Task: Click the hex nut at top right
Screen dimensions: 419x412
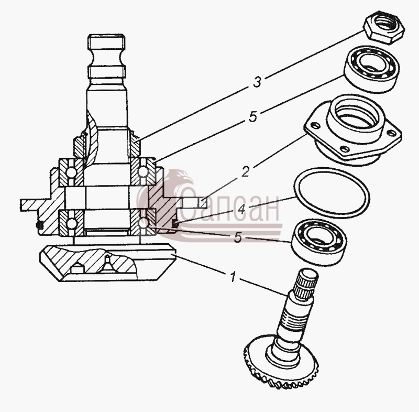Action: click(x=384, y=27)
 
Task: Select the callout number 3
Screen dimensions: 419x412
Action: click(x=257, y=82)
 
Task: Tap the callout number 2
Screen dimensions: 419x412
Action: click(x=245, y=171)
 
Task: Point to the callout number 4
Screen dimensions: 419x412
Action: click(x=241, y=209)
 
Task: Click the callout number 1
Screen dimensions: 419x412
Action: click(x=233, y=276)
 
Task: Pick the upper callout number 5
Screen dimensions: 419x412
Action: click(x=252, y=116)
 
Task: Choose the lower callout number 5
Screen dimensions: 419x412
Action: click(x=238, y=237)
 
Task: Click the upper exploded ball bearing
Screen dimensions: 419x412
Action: click(x=372, y=69)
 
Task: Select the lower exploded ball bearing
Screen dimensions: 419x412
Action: click(x=318, y=243)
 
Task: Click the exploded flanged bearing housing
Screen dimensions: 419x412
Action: click(x=352, y=130)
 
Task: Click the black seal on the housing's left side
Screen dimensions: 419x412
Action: click(x=40, y=225)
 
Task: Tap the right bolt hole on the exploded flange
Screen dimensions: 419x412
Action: click(x=392, y=132)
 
